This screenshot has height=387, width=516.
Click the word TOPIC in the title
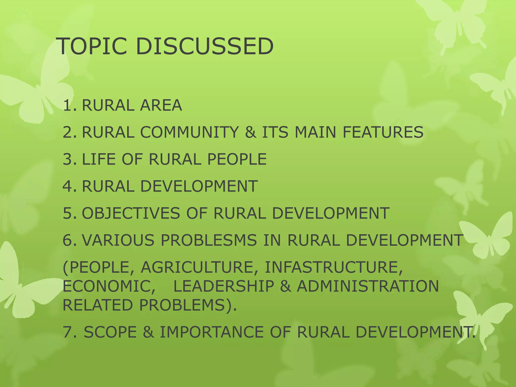tap(92, 46)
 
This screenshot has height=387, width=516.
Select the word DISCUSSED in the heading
tap(205, 46)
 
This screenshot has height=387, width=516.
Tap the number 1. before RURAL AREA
tap(70, 105)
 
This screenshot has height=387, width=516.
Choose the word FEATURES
tap(383, 132)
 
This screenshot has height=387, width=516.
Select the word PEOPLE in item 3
tap(237, 159)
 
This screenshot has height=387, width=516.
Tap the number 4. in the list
tap(70, 186)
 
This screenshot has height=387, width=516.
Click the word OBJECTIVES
tap(131, 213)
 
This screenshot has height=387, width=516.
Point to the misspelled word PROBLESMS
tap(209, 240)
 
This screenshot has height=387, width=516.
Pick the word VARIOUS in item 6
tap(118, 240)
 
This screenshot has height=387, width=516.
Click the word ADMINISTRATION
tap(368, 286)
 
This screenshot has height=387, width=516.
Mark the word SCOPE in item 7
tap(110, 332)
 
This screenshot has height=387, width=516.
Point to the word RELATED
tap(98, 305)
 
